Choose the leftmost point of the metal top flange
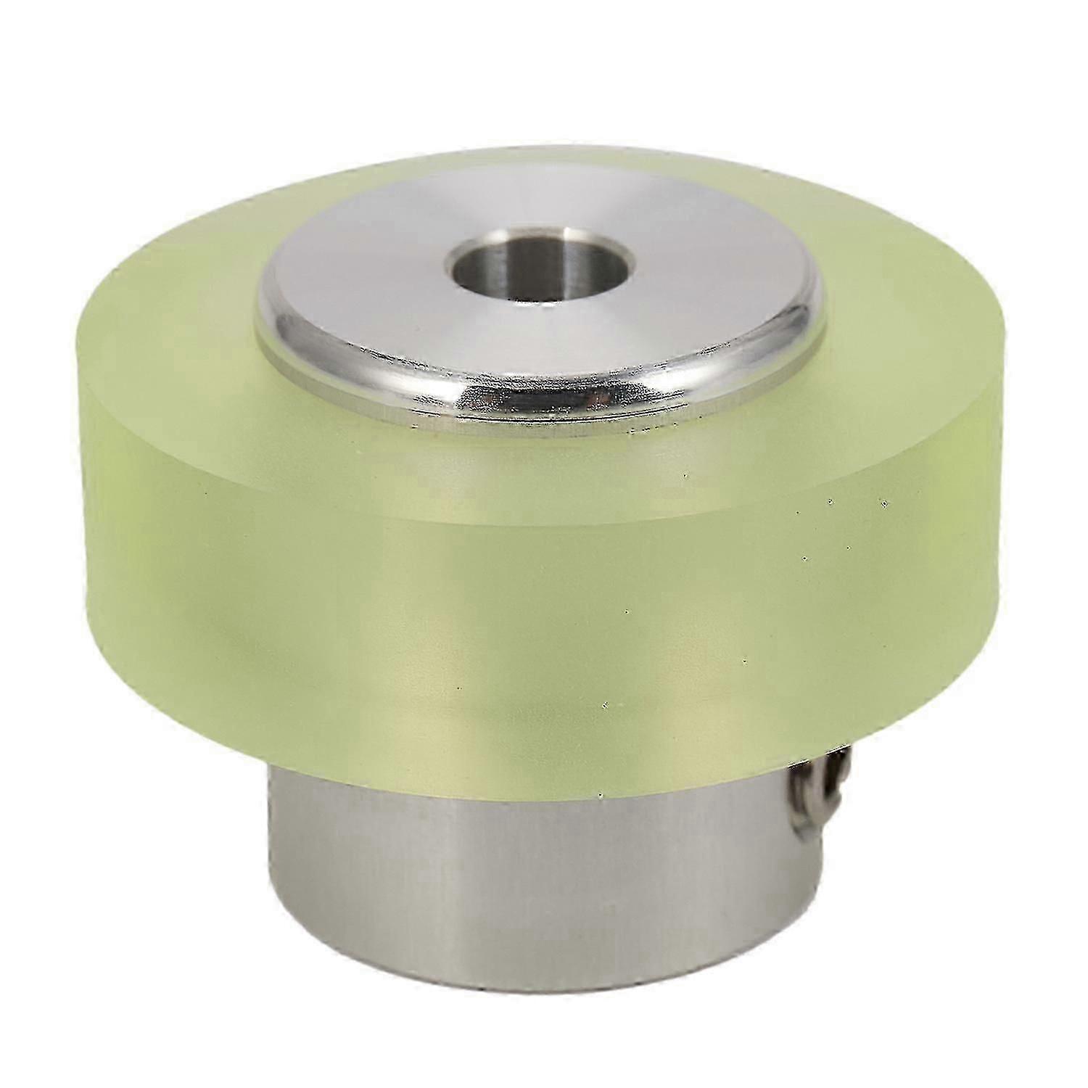pyautogui.click(x=255, y=319)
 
